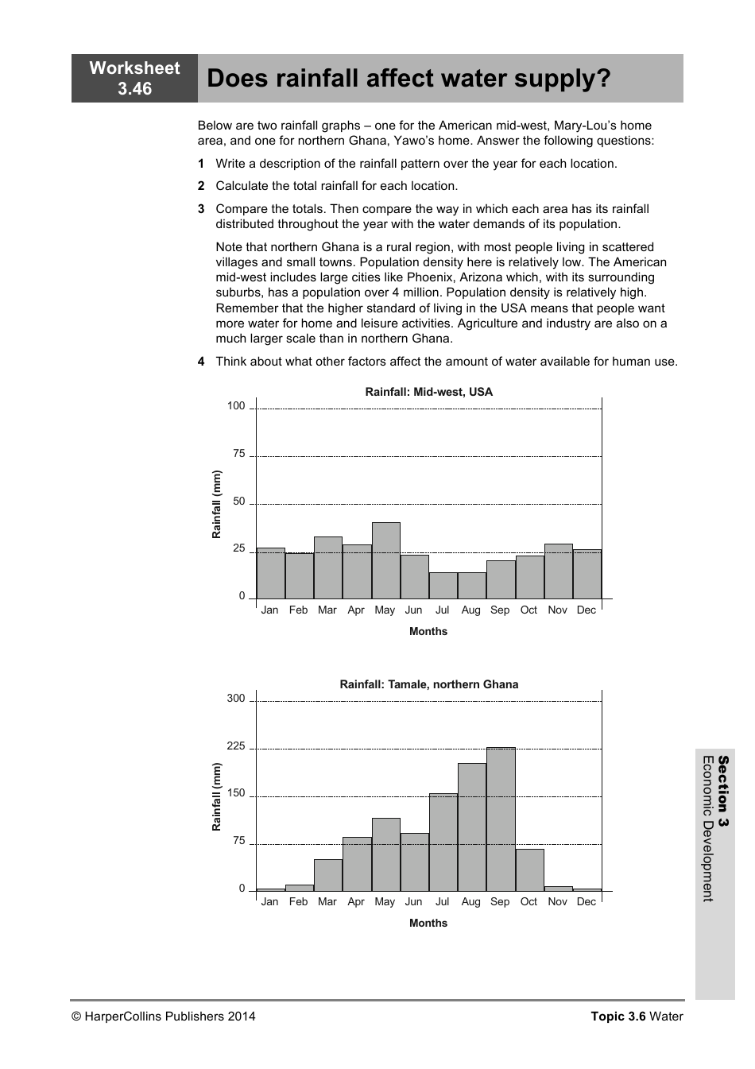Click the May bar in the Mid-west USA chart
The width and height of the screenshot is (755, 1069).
coord(385,560)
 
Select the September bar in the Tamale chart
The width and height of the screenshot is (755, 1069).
coord(501,819)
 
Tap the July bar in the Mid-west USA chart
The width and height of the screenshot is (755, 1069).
coord(443,585)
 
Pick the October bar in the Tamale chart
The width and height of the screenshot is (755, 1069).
coord(529,870)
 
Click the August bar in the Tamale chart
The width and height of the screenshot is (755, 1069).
coord(471,827)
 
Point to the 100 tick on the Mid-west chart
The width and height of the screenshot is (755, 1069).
coord(236,406)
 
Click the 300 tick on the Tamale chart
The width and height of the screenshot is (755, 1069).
coord(236,699)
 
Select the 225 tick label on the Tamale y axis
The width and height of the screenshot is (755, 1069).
coord(236,746)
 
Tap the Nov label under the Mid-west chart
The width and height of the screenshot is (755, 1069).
coord(557,610)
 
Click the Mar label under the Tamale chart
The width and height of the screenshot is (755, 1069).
coord(327,902)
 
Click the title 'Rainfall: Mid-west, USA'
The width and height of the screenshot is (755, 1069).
coord(428,392)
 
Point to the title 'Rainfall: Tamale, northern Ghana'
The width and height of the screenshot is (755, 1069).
coord(428,684)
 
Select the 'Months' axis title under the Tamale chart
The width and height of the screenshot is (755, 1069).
coord(428,924)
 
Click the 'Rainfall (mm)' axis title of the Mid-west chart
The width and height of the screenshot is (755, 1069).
coord(216,505)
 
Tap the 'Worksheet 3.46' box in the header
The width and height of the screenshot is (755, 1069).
coord(134,78)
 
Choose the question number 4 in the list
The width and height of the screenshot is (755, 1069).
coord(201,362)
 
